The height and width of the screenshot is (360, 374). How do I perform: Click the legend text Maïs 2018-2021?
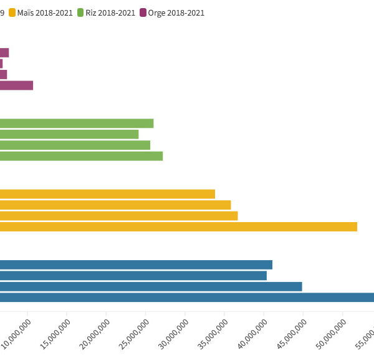45,12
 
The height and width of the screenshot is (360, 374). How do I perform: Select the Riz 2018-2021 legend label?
110,12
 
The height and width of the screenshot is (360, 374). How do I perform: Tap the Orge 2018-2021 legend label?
176,12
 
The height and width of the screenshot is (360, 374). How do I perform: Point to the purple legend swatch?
143,12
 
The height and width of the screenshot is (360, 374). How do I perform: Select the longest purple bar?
16,85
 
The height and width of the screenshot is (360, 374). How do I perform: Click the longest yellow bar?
178,226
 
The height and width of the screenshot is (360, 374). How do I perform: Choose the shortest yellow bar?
107,194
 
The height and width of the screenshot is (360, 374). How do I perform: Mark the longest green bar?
81,156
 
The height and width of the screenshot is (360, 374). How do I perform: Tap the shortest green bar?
69,134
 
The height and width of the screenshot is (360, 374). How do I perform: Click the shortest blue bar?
133,275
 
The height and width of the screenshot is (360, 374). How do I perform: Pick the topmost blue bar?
136,265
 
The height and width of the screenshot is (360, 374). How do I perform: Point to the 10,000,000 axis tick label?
19,334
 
